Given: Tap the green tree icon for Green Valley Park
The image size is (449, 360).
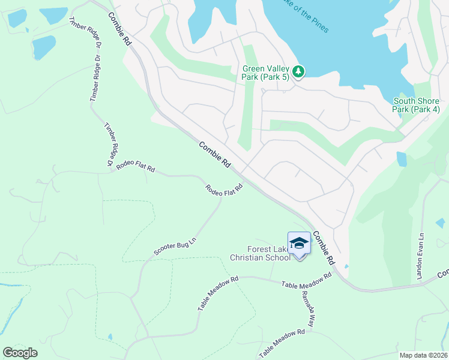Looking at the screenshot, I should (x=298, y=72).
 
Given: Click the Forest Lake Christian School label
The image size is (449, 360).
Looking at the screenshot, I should (x=260, y=254).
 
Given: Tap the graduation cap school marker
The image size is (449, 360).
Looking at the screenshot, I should (x=299, y=243).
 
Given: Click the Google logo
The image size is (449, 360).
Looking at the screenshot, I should (x=20, y=353).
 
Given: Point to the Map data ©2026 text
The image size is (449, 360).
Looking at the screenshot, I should (x=423, y=355).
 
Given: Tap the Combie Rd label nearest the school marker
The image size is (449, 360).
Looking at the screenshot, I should (x=323, y=248).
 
